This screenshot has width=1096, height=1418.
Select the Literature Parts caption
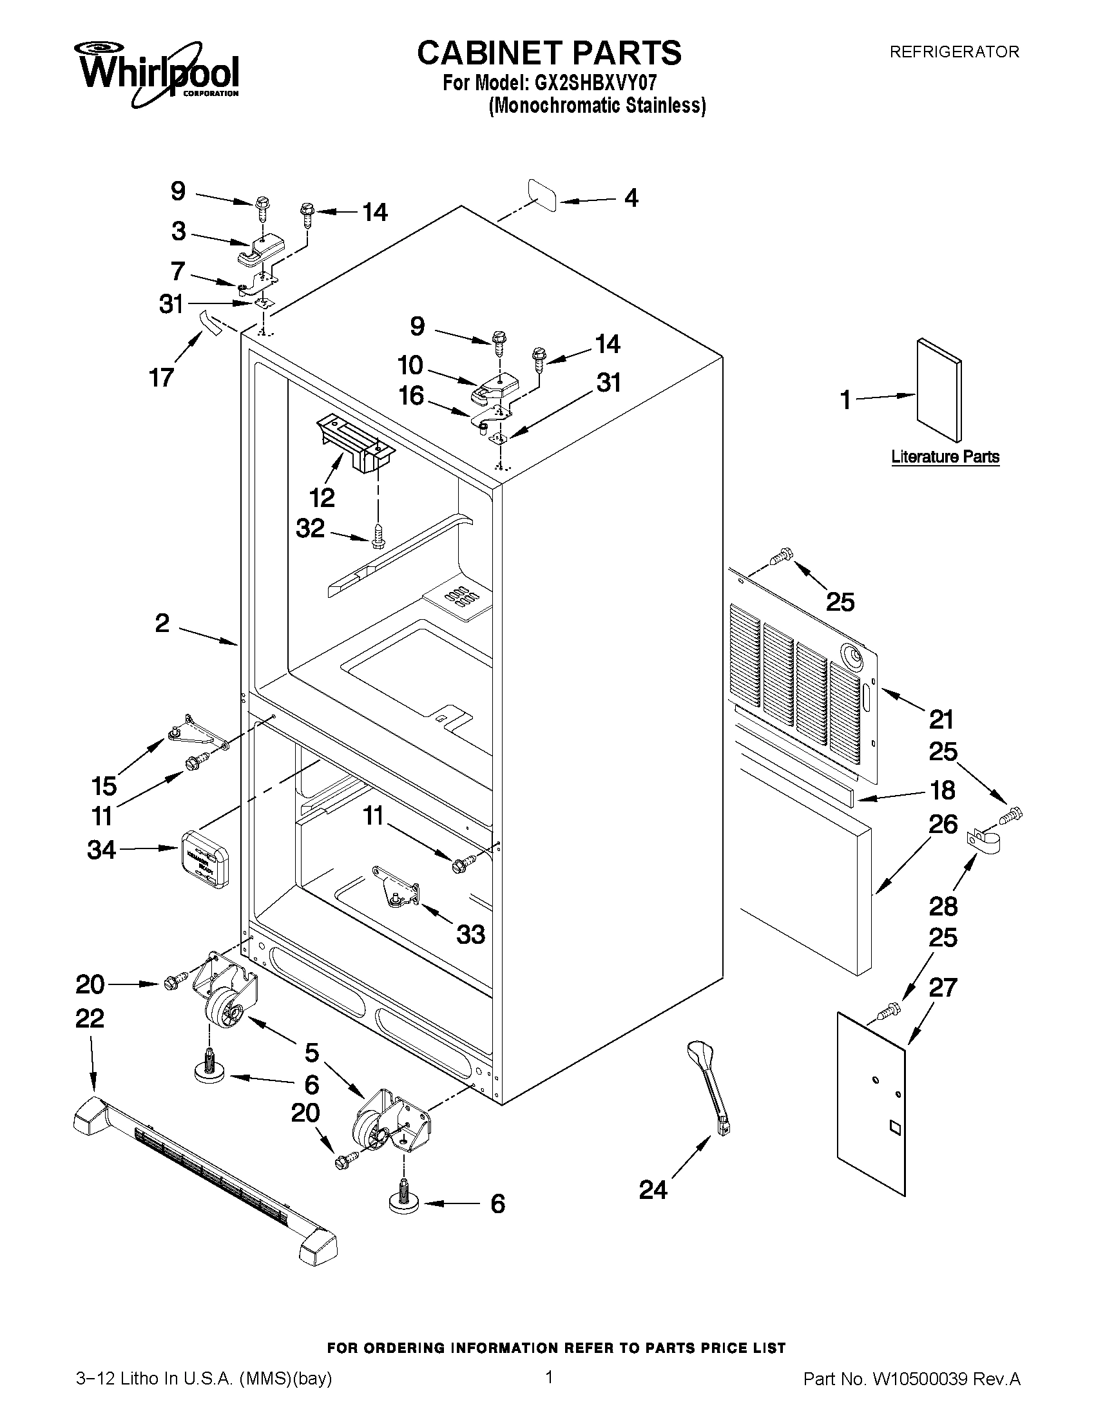pyautogui.click(x=945, y=456)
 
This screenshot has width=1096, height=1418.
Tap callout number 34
pyautogui.click(x=101, y=850)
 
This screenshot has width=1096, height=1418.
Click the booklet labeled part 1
pyautogui.click(x=939, y=390)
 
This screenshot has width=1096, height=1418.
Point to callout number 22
pyautogui.click(x=90, y=1018)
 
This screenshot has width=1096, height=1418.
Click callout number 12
pyautogui.click(x=322, y=498)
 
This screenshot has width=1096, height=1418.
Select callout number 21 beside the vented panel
pyautogui.click(x=941, y=720)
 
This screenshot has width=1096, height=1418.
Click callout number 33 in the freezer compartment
pyautogui.click(x=471, y=935)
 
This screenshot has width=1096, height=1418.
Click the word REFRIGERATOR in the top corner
pyautogui.click(x=954, y=52)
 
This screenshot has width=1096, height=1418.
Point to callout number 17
pyautogui.click(x=162, y=377)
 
